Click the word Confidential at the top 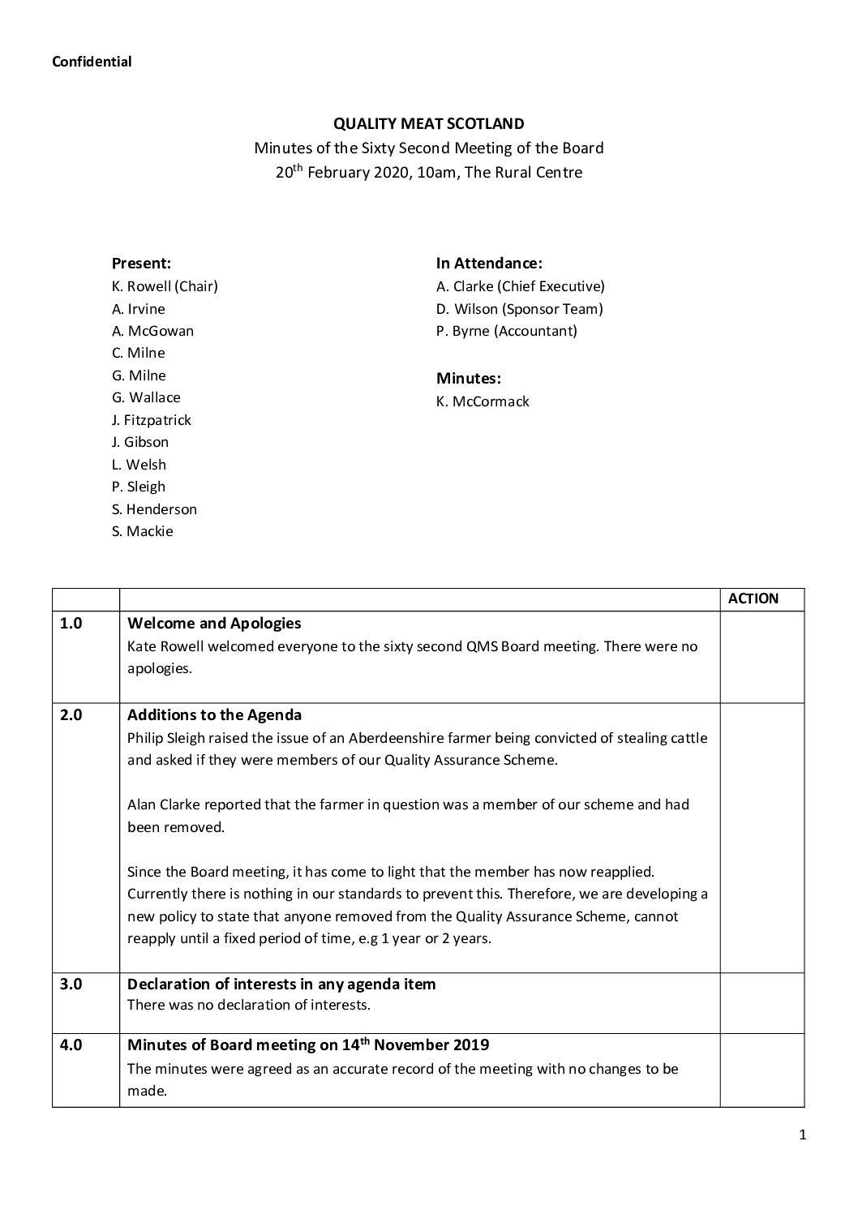(x=92, y=62)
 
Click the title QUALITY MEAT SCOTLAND (x=429, y=124)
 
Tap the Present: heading (x=141, y=264)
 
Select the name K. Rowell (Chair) (x=165, y=286)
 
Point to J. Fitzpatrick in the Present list (x=152, y=420)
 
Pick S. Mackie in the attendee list (x=143, y=532)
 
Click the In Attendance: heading (x=489, y=264)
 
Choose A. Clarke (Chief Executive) (x=520, y=286)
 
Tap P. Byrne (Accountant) (x=506, y=331)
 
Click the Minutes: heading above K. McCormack (x=469, y=379)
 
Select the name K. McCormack (x=483, y=401)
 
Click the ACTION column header (x=753, y=599)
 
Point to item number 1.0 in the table (x=71, y=624)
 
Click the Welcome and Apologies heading (x=214, y=624)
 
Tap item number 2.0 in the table (x=71, y=716)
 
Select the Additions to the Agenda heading (x=215, y=715)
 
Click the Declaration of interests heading (x=281, y=984)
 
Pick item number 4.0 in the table (x=71, y=1045)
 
